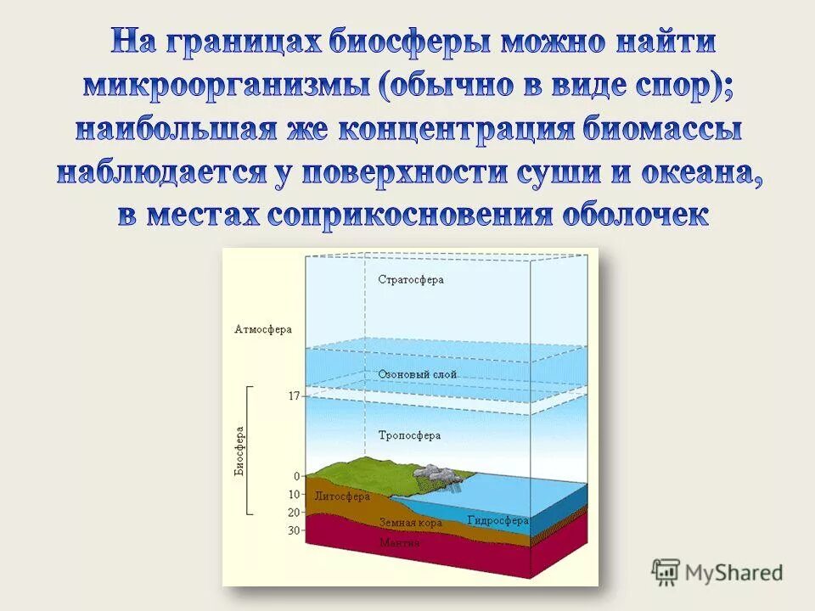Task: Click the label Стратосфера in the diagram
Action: (410, 279)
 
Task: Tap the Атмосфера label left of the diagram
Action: (262, 329)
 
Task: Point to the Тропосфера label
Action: (409, 435)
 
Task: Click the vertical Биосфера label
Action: (240, 450)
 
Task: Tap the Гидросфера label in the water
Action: (497, 520)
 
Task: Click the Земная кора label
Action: (411, 524)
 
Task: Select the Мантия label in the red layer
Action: (400, 542)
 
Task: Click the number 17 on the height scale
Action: (294, 396)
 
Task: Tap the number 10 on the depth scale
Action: (294, 495)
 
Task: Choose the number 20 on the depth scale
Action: (294, 513)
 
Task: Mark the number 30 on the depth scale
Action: (294, 530)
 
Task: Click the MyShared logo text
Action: (734, 572)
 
